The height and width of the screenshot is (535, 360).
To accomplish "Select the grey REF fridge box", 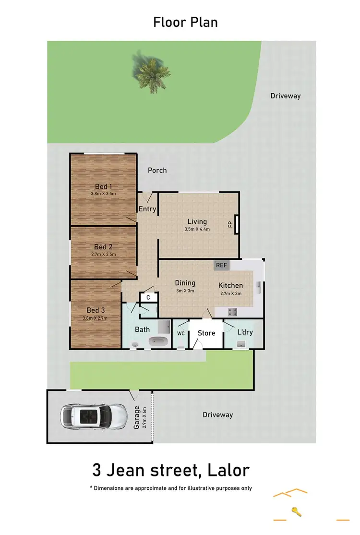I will tap(221, 265).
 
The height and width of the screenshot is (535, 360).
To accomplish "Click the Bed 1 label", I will tap(103, 186).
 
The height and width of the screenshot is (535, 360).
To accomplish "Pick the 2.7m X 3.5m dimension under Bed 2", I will tap(103, 255).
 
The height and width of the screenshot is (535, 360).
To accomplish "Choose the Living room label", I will tap(197, 221).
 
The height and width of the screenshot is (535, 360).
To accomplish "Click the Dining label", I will tap(185, 283).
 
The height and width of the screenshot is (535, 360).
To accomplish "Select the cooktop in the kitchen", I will tap(233, 312).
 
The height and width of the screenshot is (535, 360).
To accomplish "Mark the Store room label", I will tap(206, 333).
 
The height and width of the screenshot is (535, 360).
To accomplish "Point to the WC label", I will tap(181, 333).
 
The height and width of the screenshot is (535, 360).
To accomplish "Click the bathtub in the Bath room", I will tap(158, 341).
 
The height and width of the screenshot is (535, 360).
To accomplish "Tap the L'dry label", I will tap(245, 332).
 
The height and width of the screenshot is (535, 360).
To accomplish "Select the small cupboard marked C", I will tap(148, 298).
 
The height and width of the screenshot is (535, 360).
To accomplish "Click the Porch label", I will tap(157, 170).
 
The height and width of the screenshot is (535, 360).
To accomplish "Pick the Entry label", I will tap(147, 209).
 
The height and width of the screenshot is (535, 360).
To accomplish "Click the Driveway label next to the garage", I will tap(217, 414).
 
